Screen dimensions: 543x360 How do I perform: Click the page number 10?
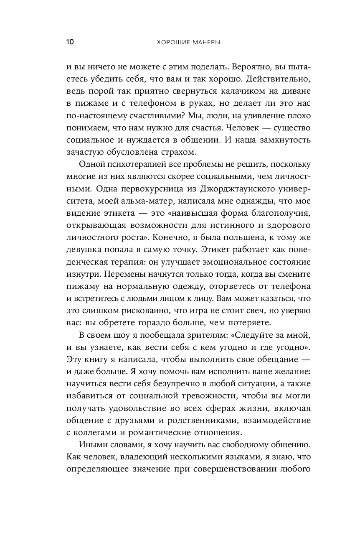pyautogui.click(x=70, y=42)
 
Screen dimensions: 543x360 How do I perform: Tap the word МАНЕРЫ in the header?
pyautogui.click(x=205, y=42)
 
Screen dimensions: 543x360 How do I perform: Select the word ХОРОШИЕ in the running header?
pyautogui.click(x=171, y=42)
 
